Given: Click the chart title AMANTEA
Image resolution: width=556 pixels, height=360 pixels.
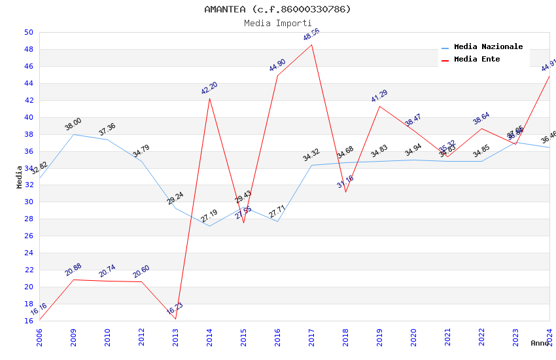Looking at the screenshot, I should click(277, 9).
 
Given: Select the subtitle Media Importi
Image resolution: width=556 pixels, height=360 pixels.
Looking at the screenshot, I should click(277, 23).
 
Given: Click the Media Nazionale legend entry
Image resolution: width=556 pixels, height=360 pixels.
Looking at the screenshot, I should click(488, 47).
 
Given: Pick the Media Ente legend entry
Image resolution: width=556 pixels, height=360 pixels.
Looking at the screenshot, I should click(477, 60).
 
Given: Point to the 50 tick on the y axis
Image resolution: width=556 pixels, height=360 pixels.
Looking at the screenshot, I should click(28, 32).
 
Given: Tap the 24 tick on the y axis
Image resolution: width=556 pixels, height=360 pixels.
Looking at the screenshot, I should click(28, 253).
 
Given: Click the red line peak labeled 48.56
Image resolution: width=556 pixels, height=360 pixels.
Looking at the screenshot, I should click(312, 45).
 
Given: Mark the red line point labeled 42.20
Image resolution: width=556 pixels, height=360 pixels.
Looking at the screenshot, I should click(210, 98).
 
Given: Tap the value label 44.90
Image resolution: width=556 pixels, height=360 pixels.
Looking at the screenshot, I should click(277, 65).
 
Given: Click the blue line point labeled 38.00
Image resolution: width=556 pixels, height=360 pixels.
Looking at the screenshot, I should click(74, 134).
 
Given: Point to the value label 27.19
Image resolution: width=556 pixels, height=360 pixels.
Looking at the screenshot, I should click(209, 216).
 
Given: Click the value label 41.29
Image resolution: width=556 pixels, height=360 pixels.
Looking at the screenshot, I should click(379, 96).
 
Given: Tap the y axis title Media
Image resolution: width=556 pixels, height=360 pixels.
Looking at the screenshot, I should click(20, 177).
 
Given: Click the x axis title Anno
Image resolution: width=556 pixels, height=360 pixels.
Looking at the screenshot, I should click(540, 343).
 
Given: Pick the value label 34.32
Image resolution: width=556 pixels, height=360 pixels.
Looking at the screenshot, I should click(311, 155).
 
